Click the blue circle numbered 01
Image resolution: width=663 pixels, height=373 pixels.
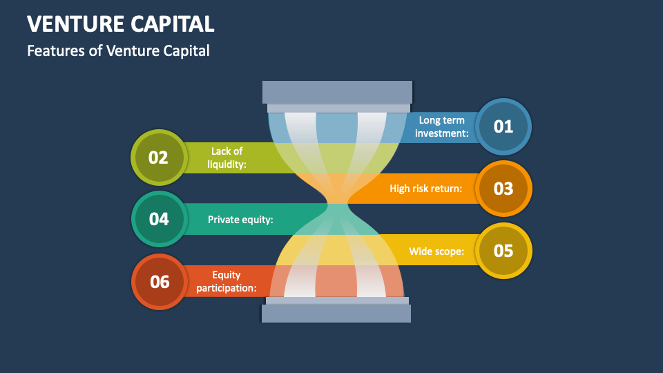pyautogui.click(x=503, y=126)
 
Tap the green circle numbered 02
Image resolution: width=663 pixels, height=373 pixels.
pyautogui.click(x=158, y=157)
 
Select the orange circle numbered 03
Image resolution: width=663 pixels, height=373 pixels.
pyautogui.click(x=503, y=189)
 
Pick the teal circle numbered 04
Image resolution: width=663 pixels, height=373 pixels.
pyautogui.click(x=159, y=219)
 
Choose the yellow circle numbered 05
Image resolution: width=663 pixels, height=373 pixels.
pyautogui.click(x=503, y=251)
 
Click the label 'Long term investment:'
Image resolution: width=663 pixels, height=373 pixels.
pyautogui.click(x=442, y=127)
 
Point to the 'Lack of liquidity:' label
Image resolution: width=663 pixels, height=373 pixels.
pyautogui.click(x=227, y=157)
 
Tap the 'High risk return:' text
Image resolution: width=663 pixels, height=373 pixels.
pyautogui.click(x=425, y=189)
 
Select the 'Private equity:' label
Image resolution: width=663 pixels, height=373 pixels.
pyautogui.click(x=240, y=220)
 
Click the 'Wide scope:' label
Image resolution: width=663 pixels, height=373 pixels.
pyautogui.click(x=436, y=251)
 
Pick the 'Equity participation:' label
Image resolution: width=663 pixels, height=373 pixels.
pyautogui.click(x=227, y=282)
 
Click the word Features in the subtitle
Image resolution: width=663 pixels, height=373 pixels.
pyautogui.click(x=55, y=50)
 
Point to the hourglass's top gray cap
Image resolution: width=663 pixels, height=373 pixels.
pyautogui.click(x=337, y=93)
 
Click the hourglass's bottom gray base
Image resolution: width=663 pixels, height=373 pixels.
pyautogui.click(x=336, y=313)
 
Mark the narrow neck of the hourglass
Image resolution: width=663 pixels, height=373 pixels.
pyautogui.click(x=337, y=204)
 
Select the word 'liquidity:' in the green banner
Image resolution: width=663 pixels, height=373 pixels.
pyautogui.click(x=227, y=164)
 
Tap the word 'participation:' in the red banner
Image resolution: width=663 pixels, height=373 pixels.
pyautogui.click(x=227, y=288)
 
